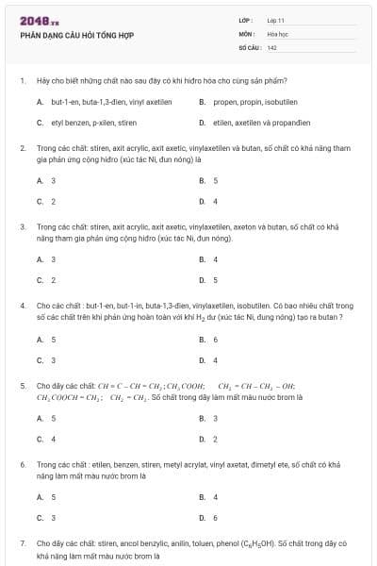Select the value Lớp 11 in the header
275,19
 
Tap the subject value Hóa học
276,33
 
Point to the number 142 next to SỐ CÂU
272,46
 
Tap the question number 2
23,148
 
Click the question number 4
23,306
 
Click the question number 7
23,543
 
